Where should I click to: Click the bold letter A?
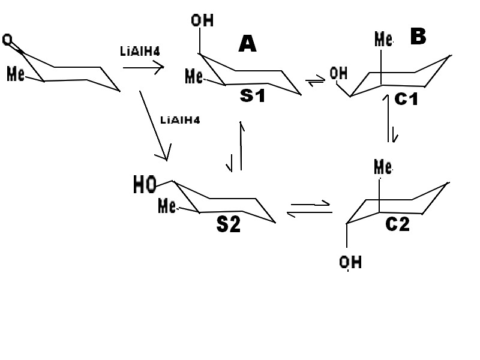point(247,44)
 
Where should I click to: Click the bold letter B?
point(418,37)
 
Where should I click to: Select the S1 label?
point(252,94)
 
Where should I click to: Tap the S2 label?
point(229,224)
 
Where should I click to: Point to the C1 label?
point(406,99)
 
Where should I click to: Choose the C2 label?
point(397,224)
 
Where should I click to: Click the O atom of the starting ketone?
point(7,40)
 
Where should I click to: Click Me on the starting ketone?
point(16,74)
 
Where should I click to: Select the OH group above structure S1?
point(202,21)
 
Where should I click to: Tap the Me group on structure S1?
point(194,76)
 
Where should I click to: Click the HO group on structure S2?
point(145,185)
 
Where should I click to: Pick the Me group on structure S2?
point(167,206)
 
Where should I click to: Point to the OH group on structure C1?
point(338,74)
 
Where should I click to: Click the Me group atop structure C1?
point(384,40)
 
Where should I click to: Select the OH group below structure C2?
point(350,262)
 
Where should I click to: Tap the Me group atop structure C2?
point(383,167)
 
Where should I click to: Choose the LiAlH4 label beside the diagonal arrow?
point(180,119)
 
